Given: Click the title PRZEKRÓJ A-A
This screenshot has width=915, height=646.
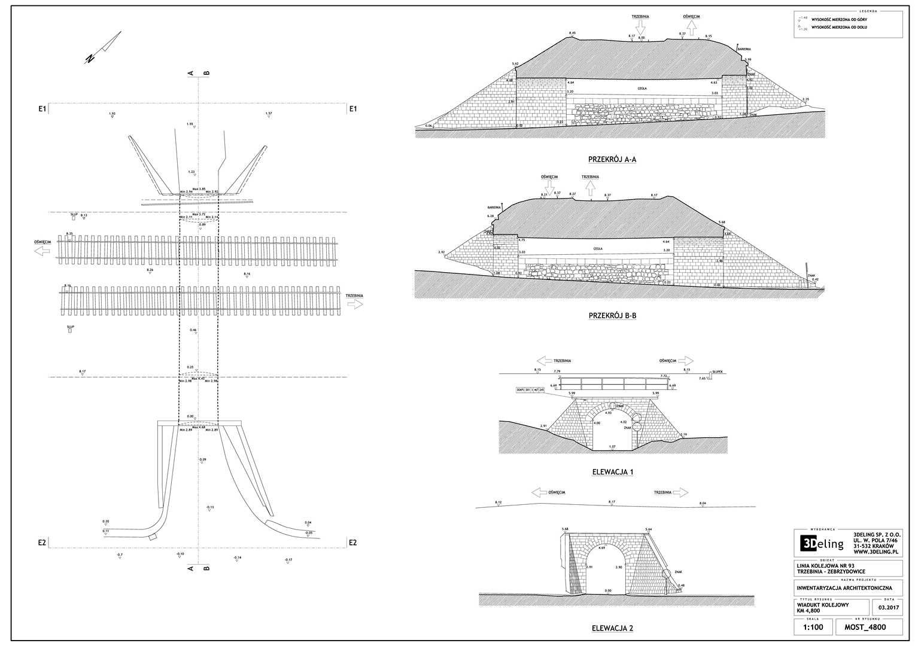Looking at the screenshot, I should tap(612, 159).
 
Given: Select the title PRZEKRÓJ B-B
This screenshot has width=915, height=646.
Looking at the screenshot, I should tap(612, 315).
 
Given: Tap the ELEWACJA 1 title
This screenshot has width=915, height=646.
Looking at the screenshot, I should tap(612, 472).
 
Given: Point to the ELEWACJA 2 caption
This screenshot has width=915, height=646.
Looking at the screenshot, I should tap(612, 628).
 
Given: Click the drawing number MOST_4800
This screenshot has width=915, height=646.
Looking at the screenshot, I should tap(865, 627).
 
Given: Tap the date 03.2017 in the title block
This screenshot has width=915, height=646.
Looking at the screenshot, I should tap(890, 608).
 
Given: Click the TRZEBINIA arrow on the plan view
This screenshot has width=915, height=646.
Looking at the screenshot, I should tap(354, 303).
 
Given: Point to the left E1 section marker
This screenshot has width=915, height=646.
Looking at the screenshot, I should tap(42, 109).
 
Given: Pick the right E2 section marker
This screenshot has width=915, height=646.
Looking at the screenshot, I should tap(352, 543).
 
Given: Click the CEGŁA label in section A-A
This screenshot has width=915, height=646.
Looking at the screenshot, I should tap(642, 89).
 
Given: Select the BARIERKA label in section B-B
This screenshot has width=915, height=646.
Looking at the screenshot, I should tap(494, 207).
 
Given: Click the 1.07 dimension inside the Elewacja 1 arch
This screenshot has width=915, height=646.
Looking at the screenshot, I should tap(612, 446).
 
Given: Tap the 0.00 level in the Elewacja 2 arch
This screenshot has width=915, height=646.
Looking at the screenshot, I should tap(609, 590).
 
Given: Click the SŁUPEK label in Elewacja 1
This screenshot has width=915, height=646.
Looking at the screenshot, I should tap(718, 371).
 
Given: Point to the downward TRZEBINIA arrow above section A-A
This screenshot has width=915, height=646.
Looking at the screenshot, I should tap(640, 27).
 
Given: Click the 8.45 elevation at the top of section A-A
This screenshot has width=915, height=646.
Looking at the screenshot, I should tap(572, 33).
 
